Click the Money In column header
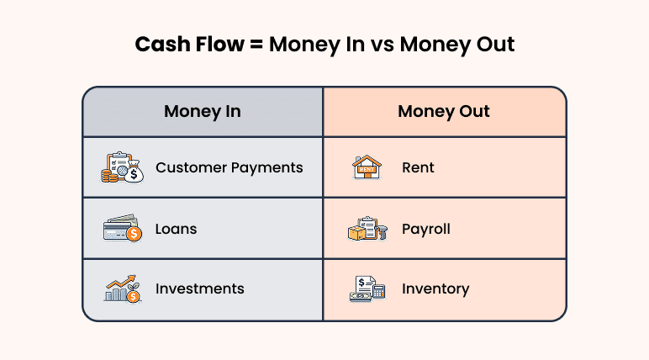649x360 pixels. tap(202, 111)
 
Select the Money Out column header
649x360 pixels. tap(444, 111)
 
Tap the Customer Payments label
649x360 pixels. tap(229, 167)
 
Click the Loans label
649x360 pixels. tap(176, 229)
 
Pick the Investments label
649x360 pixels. tap(199, 289)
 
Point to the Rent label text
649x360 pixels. tap(418, 167)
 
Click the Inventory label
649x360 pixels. tap(435, 289)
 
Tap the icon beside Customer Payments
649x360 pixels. tap(123, 167)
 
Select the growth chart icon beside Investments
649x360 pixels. tap(123, 289)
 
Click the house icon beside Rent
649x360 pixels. tap(367, 167)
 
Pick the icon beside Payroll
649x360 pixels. tap(367, 229)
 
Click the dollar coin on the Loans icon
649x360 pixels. tap(134, 235)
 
